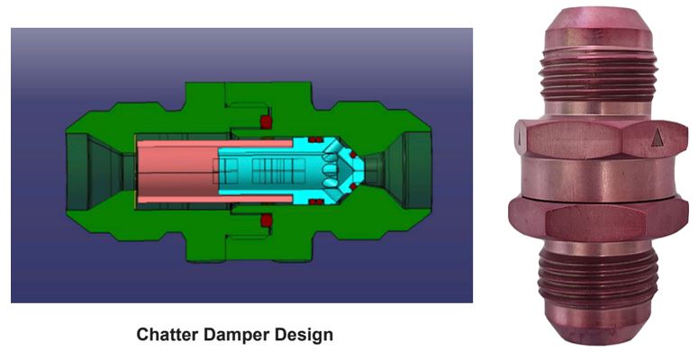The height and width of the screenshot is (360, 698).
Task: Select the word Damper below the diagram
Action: pyautogui.click(x=235, y=336)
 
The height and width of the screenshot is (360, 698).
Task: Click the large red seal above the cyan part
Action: pyautogui.click(x=266, y=121)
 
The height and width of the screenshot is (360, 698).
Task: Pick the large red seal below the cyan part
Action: pyautogui.click(x=266, y=219)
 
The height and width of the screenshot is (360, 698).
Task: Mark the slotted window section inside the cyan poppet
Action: pyautogui.click(x=261, y=168)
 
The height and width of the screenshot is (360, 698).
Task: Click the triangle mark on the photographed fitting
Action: pyautogui.click(x=657, y=137)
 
